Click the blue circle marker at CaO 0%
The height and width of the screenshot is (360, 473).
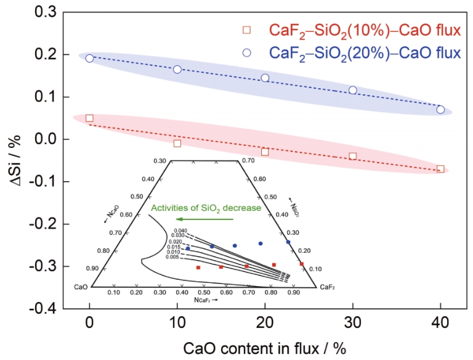click(x=89, y=59)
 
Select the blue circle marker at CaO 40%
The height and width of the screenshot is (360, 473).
click(x=440, y=110)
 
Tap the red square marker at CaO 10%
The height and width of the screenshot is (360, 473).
click(x=177, y=143)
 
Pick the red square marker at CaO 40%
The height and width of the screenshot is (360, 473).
click(x=440, y=169)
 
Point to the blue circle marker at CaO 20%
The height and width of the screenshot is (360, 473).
click(x=265, y=78)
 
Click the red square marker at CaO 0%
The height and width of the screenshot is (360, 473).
click(x=89, y=118)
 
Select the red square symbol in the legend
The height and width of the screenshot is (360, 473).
click(x=247, y=30)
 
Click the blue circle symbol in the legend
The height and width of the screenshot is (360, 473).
click(x=247, y=52)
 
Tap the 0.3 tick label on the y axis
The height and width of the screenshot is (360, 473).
click(x=44, y=12)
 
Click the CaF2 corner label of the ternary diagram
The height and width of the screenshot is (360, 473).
click(x=327, y=287)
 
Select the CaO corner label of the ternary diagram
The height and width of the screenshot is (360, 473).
click(x=81, y=287)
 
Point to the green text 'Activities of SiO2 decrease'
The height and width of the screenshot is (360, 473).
click(x=206, y=208)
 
